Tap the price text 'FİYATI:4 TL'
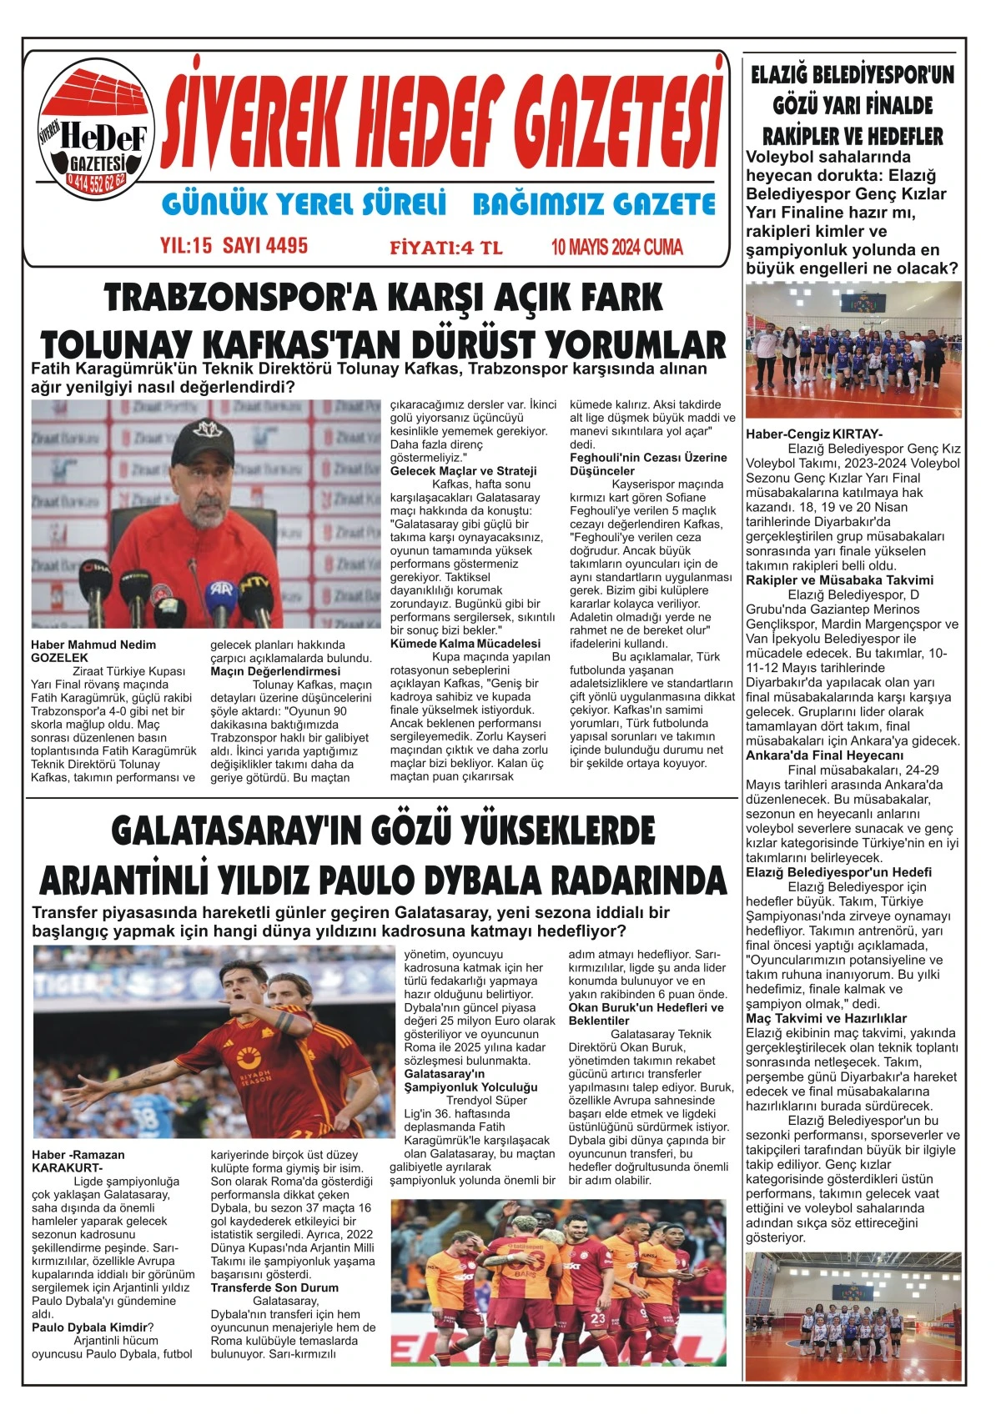(445, 248)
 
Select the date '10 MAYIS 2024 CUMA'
(616, 247)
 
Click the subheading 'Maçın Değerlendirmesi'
(275, 671)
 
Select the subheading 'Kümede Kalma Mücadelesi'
(465, 644)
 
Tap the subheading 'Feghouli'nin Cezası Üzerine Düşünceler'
(647, 464)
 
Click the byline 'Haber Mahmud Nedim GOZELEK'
(93, 651)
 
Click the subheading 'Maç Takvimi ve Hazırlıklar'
(826, 1018)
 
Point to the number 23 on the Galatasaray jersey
(597, 1318)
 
